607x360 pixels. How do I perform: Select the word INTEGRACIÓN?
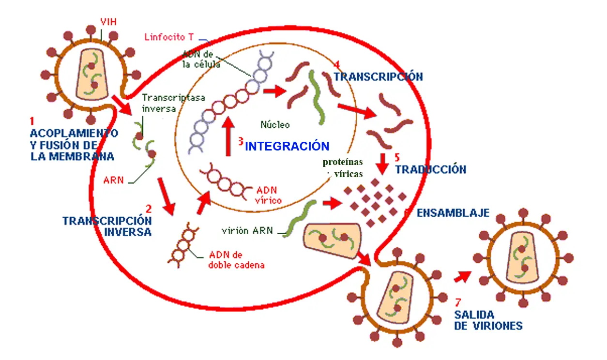pyautogui.click(x=287, y=147)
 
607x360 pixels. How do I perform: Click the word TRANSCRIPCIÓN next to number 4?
pyautogui.click(x=378, y=77)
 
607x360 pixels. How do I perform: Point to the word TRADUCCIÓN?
pyautogui.click(x=430, y=170)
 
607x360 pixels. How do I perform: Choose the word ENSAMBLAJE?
pyautogui.click(x=453, y=213)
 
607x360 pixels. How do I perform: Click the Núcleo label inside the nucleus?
pyautogui.click(x=275, y=125)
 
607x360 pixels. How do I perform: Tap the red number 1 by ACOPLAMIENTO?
pyautogui.click(x=32, y=121)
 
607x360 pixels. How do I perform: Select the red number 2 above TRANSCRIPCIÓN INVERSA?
pyautogui.click(x=148, y=209)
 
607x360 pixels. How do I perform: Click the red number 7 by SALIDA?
pyautogui.click(x=458, y=303)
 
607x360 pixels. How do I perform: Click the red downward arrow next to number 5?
pyautogui.click(x=383, y=164)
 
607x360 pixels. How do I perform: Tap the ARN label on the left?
pyautogui.click(x=113, y=181)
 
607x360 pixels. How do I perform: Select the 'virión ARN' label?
pyautogui.click(x=247, y=230)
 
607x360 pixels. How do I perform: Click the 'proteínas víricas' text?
pyautogui.click(x=343, y=168)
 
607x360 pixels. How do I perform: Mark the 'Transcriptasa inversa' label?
pyautogui.click(x=173, y=103)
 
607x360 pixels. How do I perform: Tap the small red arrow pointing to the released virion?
pyautogui.click(x=462, y=276)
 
